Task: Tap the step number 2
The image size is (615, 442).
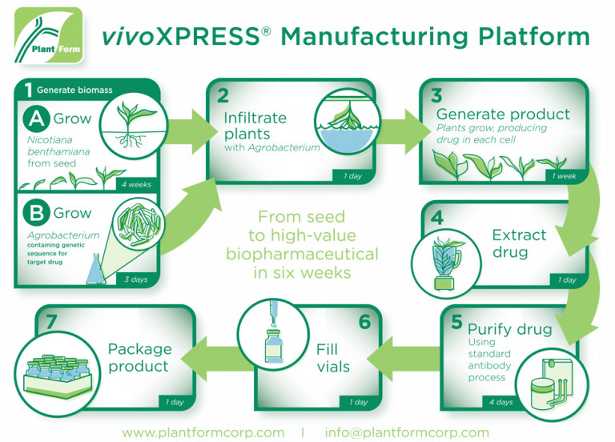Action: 223,95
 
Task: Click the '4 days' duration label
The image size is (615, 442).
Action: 501,402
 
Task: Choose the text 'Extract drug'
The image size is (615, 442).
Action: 518,243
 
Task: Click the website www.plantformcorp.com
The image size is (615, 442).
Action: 203,432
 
